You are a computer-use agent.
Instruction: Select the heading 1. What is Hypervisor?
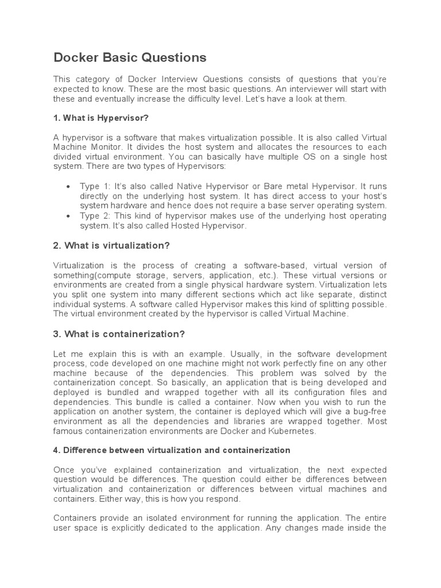click(101, 118)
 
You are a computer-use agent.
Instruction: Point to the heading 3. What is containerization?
click(119, 334)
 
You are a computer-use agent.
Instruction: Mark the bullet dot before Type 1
click(68, 187)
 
